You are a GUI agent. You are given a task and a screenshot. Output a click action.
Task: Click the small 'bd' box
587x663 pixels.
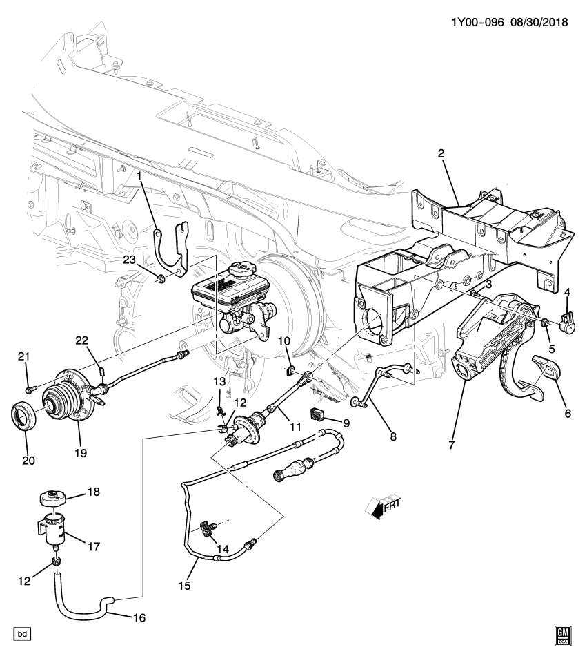pos(23,633)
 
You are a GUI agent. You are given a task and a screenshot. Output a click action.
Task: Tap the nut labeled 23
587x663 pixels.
pos(161,279)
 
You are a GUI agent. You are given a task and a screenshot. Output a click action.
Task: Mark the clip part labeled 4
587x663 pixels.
pos(570,322)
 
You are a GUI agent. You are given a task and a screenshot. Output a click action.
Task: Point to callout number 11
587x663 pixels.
pos(295,427)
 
